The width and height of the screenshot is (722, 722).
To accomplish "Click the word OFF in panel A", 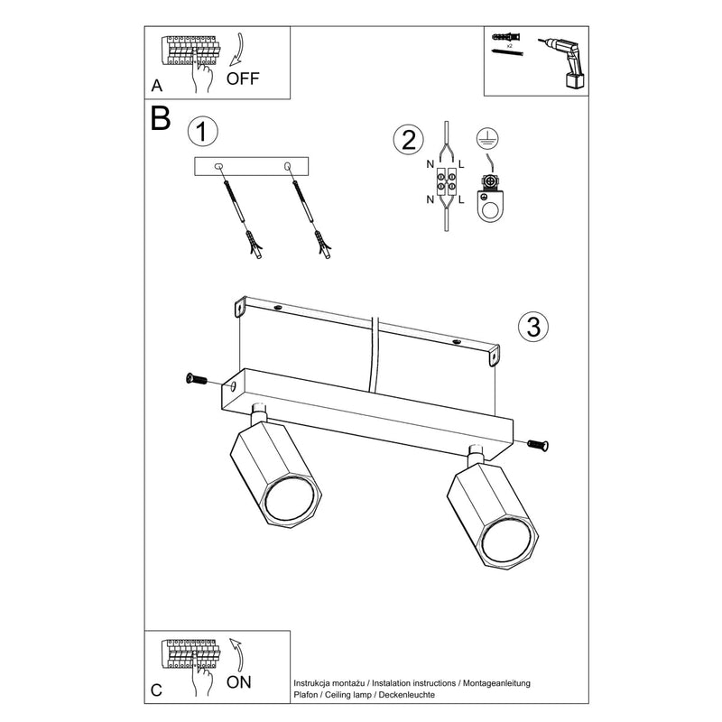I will click(243, 78).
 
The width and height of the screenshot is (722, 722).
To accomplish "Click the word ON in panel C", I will click(238, 681).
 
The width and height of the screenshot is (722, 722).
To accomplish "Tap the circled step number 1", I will click(203, 133).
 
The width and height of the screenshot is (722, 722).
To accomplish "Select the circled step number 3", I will click(533, 327).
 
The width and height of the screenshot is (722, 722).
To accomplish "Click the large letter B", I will click(161, 119).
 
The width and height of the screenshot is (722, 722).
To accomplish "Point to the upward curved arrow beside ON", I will click(237, 654).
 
